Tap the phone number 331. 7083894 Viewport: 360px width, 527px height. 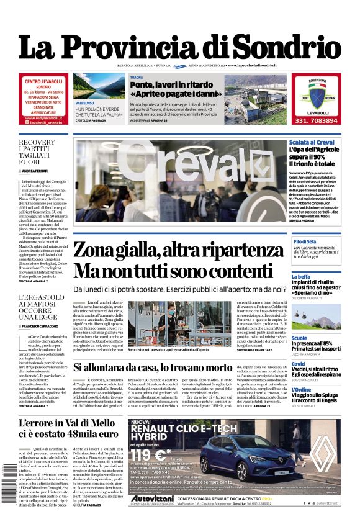[317, 120]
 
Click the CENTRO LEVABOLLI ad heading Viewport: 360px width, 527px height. [43, 81]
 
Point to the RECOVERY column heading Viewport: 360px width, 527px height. [37, 143]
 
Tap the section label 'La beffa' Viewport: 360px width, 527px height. [300, 277]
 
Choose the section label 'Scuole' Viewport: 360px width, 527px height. [299, 339]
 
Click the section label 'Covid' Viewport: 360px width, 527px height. [299, 364]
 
